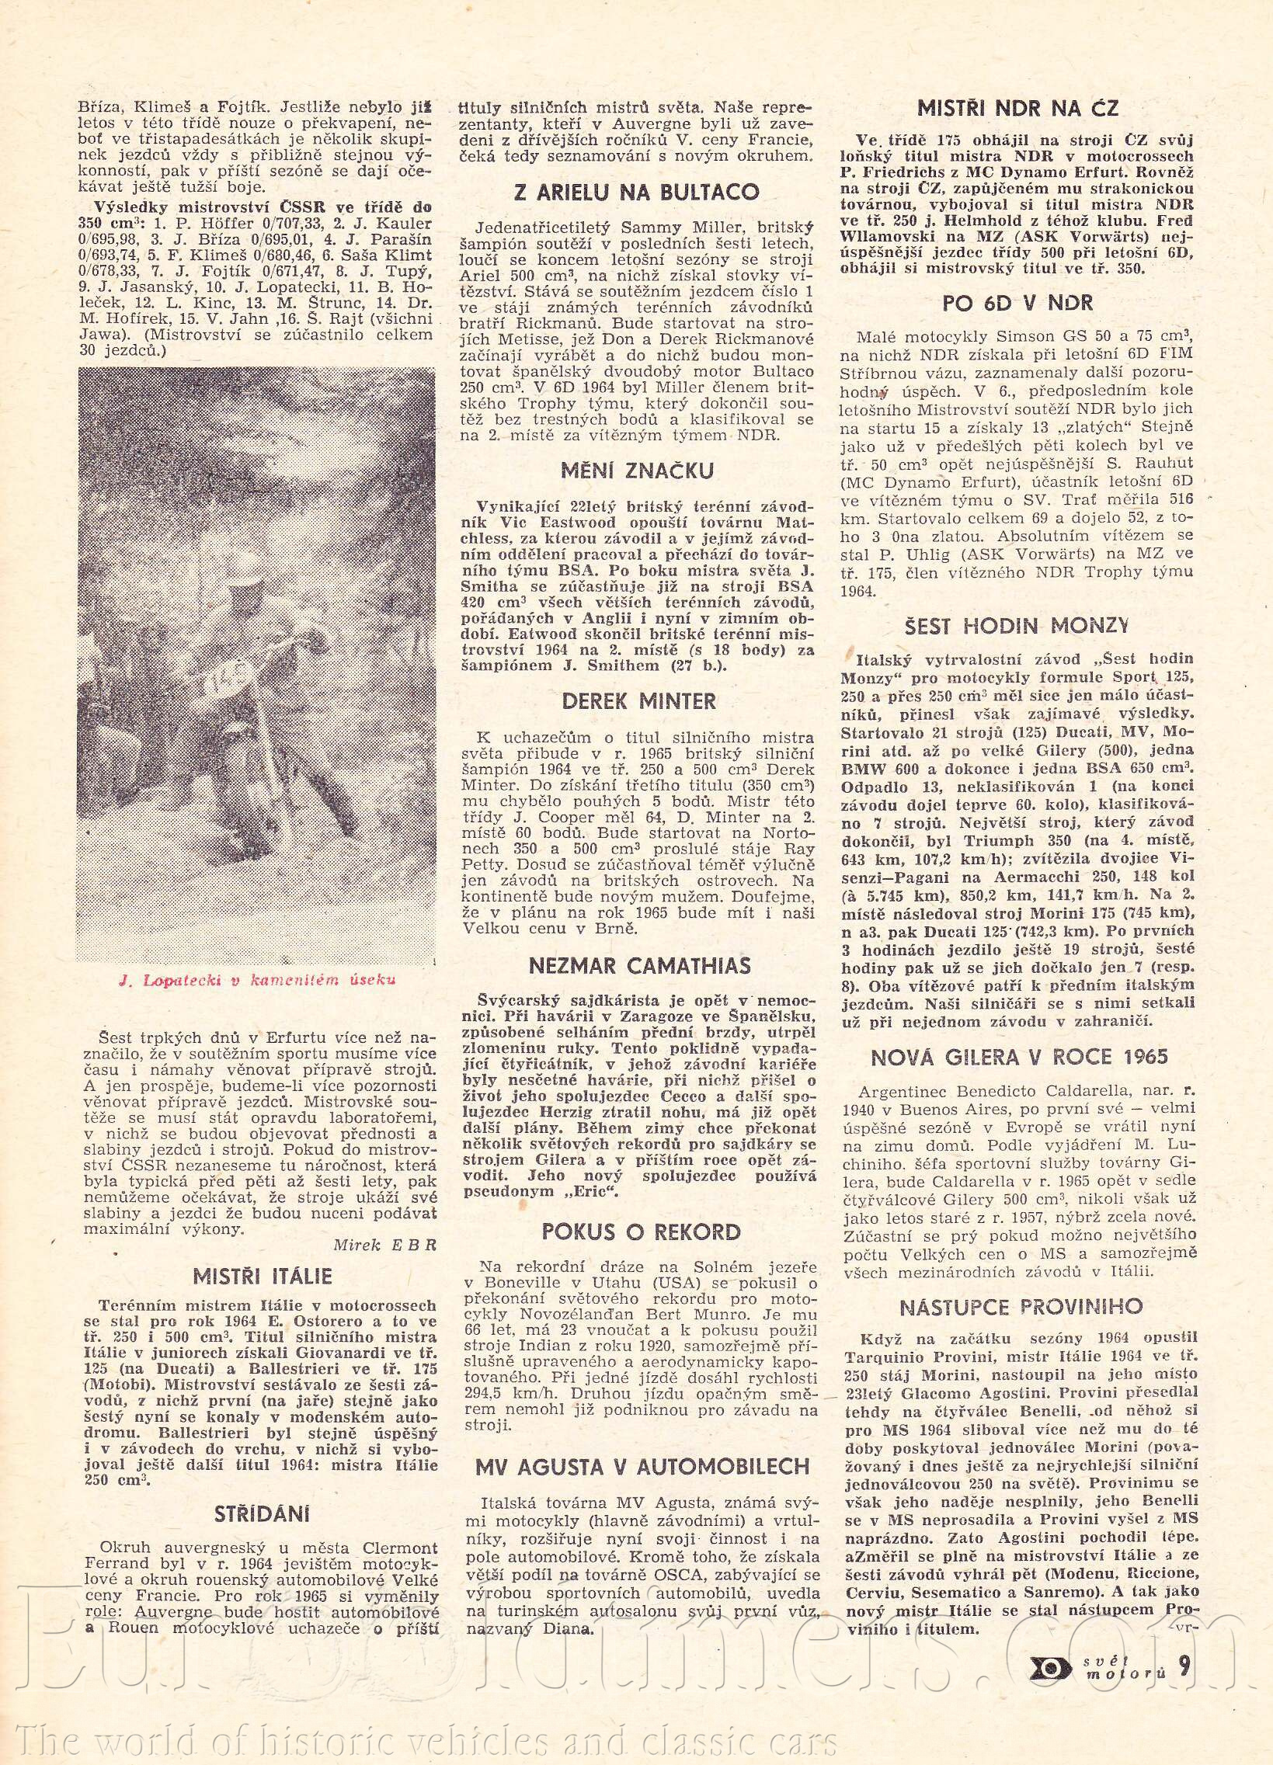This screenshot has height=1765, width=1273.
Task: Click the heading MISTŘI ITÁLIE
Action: pos(263,1277)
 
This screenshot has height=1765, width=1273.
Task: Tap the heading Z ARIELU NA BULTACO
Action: pos(638,192)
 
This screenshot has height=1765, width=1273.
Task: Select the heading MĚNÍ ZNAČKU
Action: pos(637,470)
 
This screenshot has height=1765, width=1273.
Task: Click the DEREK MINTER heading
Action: pos(638,701)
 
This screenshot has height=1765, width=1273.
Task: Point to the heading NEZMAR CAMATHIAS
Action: pos(639,966)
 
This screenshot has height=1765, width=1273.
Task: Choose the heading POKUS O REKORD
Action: pos(641,1232)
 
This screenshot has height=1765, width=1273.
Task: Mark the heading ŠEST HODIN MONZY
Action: pos(1017,625)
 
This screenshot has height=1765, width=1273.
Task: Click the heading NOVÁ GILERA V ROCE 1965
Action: pos(1019,1056)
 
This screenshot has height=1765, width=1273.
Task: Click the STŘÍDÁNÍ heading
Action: pos(263,1513)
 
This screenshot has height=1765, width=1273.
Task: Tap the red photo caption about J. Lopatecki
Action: pos(258,979)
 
